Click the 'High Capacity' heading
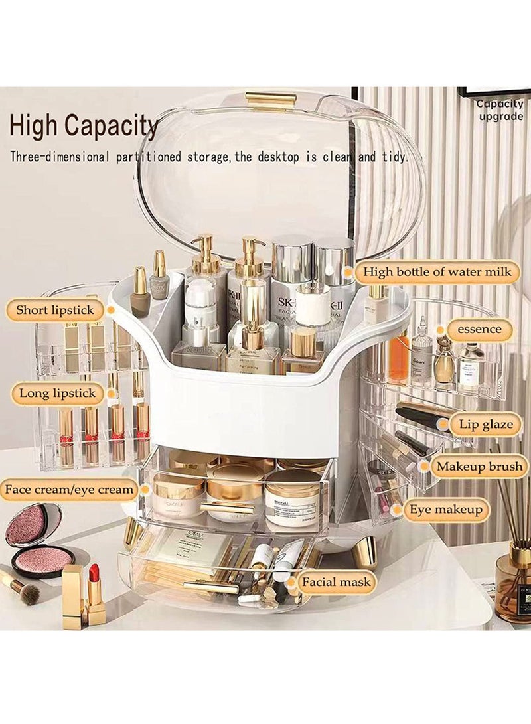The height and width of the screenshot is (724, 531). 84,126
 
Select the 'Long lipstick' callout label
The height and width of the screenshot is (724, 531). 56,394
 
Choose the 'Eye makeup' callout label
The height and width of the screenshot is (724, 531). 445,510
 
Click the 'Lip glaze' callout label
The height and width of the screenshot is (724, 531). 485,425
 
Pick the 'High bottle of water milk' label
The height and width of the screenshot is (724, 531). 437,272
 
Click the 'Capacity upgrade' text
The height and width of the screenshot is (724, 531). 499,110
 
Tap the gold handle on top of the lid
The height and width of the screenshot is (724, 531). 270,100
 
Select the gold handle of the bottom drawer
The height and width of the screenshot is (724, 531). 211,587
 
